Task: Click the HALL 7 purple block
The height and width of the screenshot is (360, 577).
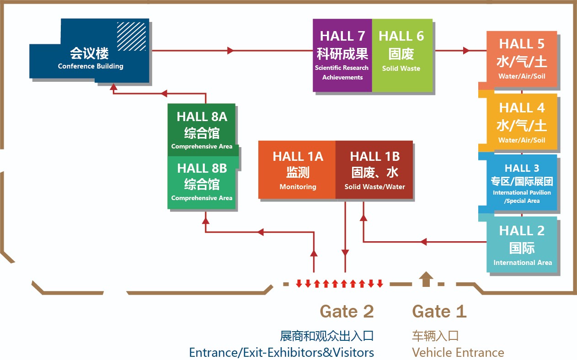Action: tap(342, 55)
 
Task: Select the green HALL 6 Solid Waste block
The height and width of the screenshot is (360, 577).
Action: tap(401, 55)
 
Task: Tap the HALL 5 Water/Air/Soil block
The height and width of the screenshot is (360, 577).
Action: tap(522, 59)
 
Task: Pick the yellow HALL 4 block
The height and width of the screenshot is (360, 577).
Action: tap(522, 122)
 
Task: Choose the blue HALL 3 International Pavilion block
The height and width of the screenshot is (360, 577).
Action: tap(522, 183)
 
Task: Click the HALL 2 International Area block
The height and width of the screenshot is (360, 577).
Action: tap(522, 245)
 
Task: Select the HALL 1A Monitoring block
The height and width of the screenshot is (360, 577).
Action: tap(297, 170)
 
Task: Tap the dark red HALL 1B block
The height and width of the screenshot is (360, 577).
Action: tap(374, 170)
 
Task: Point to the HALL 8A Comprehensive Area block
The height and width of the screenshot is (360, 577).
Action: tap(202, 131)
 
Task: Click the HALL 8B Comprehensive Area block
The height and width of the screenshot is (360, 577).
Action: tap(202, 183)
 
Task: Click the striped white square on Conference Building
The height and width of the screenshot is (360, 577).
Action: tap(131, 36)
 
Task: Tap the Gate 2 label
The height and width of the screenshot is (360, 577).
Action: tap(347, 312)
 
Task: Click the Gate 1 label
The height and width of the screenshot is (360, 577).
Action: tap(439, 312)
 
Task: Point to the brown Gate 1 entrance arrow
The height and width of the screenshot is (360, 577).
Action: tap(426, 278)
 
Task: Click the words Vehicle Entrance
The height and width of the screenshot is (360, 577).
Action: tap(458, 353)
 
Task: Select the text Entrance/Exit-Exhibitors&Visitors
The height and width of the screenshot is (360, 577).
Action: tap(282, 353)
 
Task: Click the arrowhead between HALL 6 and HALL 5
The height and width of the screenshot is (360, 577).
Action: tap(466, 50)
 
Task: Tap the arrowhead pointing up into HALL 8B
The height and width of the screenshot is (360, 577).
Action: tap(206, 220)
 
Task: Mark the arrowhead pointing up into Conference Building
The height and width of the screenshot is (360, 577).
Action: tap(113, 86)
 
